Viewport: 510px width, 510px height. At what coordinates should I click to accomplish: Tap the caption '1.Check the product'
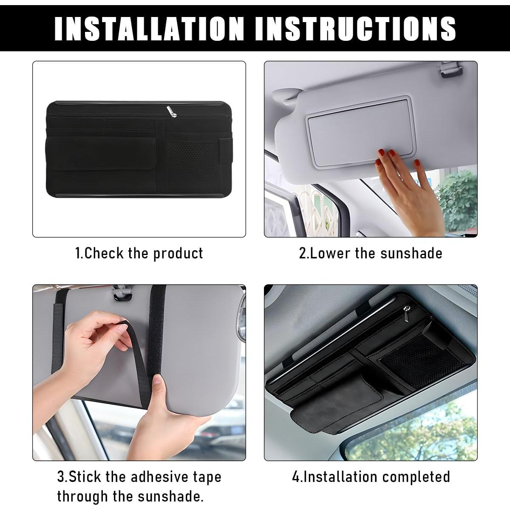pyautogui.click(x=139, y=253)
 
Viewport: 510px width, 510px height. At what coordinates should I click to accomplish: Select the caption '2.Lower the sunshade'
pyautogui.click(x=370, y=253)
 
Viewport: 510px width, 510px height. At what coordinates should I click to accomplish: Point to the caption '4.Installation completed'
pyautogui.click(x=371, y=476)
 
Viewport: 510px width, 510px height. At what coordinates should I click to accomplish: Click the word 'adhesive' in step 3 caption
pyautogui.click(x=159, y=476)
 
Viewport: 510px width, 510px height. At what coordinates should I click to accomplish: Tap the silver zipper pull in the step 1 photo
pyautogui.click(x=169, y=111)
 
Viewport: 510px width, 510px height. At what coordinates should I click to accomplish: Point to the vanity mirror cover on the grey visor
pyautogui.click(x=359, y=132)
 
